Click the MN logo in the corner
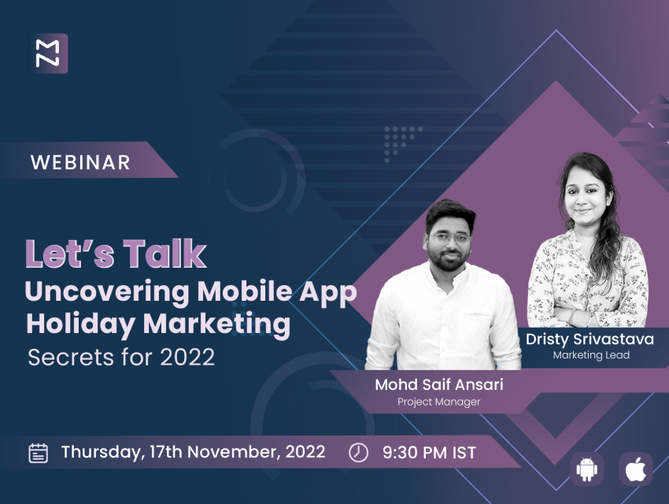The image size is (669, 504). click(48, 54)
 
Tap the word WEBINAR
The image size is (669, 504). click(80, 162)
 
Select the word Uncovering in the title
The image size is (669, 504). click(107, 293)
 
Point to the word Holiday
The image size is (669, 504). click(81, 325)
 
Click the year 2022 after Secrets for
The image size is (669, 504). click(187, 358)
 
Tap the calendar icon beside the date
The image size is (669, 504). click(39, 454)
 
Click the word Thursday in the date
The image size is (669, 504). click(101, 452)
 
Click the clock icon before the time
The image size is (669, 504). click(358, 452)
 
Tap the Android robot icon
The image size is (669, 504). click(586, 469)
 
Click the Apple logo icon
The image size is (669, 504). click(636, 469)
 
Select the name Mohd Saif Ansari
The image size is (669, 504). click(439, 384)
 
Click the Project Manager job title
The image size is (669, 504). click(438, 402)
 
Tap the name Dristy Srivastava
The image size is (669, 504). click(590, 339)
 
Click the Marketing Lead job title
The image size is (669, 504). click(591, 355)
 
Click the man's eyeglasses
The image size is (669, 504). click(450, 238)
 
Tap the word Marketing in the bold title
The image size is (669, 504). click(216, 325)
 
